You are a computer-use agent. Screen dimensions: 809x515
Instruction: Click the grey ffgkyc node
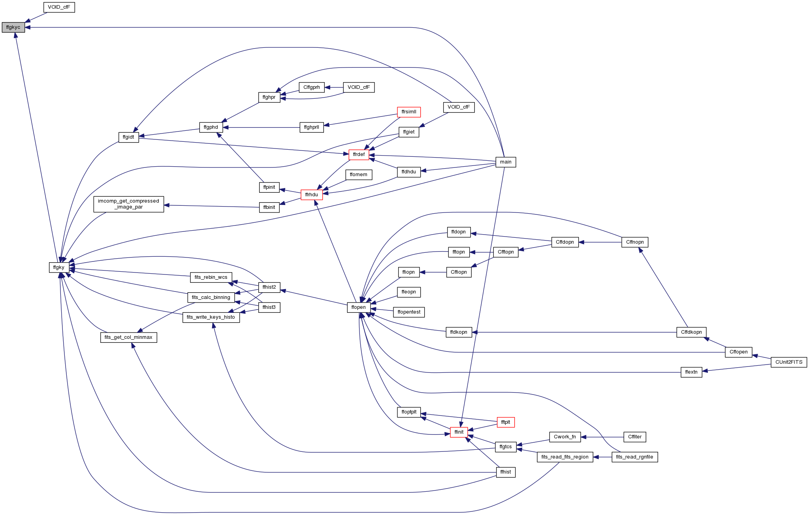pyautogui.click(x=13, y=27)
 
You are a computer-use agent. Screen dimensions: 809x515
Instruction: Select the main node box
pyautogui.click(x=506, y=162)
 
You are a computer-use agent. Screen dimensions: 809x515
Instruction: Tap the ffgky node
pyautogui.click(x=59, y=267)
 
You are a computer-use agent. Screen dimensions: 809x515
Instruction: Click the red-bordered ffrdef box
pyautogui.click(x=359, y=154)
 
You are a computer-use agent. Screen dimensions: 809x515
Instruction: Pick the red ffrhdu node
pyautogui.click(x=312, y=195)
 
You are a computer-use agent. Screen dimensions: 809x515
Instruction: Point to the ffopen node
pyautogui.click(x=359, y=307)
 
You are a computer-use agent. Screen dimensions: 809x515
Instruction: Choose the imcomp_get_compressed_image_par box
pyautogui.click(x=129, y=204)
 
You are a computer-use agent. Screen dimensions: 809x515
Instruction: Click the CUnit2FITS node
pyautogui.click(x=789, y=362)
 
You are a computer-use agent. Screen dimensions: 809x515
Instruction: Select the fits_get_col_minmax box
pyautogui.click(x=129, y=337)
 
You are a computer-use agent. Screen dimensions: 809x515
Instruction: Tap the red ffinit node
pyautogui.click(x=459, y=432)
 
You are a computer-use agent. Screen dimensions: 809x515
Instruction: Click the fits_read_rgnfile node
pyautogui.click(x=635, y=457)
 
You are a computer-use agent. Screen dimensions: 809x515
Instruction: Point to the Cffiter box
pyautogui.click(x=635, y=437)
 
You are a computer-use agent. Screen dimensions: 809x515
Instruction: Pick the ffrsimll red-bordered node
pyautogui.click(x=409, y=112)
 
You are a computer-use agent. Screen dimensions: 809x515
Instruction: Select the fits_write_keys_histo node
pyautogui.click(x=211, y=317)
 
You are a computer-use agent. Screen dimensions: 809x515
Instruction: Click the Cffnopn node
pyautogui.click(x=635, y=242)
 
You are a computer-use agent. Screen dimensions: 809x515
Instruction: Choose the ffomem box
pyautogui.click(x=359, y=175)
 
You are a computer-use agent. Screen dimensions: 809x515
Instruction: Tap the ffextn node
pyautogui.click(x=691, y=372)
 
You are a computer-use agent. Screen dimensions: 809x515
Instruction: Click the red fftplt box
pyautogui.click(x=506, y=422)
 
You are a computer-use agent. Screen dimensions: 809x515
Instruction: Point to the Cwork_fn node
pyautogui.click(x=565, y=437)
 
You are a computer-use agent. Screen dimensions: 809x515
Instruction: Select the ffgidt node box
pyautogui.click(x=129, y=137)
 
